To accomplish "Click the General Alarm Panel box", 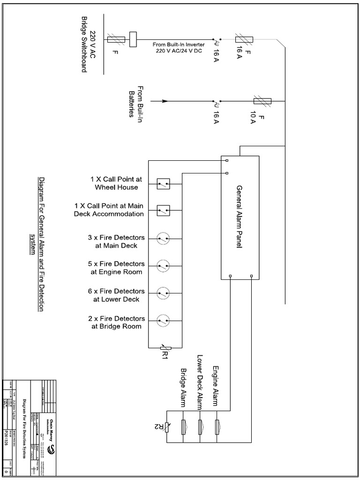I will [x=240, y=217].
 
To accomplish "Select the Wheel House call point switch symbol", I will [x=163, y=184].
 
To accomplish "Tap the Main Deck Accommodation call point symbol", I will [x=163, y=210].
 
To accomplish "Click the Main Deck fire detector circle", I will [x=163, y=239].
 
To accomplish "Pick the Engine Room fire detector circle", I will [x=163, y=266].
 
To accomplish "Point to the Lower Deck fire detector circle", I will [x=163, y=293].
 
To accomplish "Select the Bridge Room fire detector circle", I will [x=163, y=320].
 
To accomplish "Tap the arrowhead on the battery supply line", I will [x=165, y=101].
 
